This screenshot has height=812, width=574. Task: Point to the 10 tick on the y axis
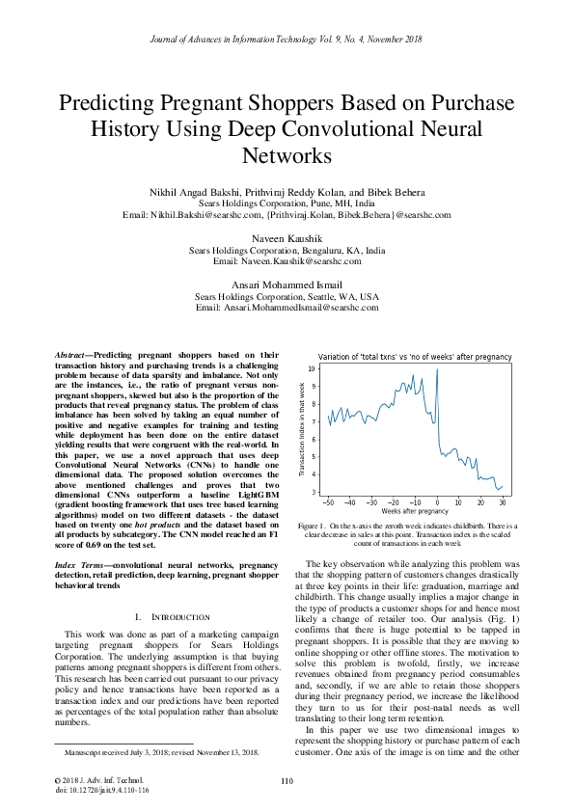pos(312,369)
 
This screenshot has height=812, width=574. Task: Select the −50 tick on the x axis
pos(328,502)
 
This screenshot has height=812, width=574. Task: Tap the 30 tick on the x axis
pos(503,502)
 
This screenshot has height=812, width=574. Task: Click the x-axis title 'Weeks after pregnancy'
pos(414,511)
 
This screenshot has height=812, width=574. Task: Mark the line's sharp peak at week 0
pos(437,370)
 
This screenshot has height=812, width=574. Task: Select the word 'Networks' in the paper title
pos(287,154)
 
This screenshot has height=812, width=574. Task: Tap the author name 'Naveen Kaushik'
pos(287,237)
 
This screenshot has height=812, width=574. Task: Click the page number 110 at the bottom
pos(287,781)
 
